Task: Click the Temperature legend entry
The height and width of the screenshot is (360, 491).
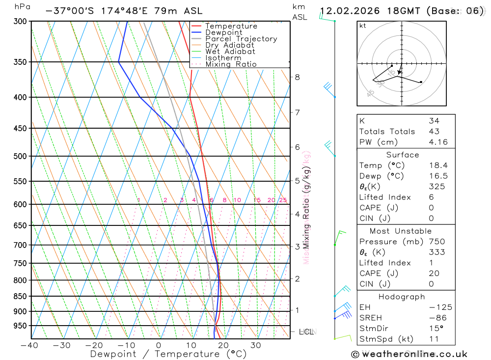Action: click(231, 26)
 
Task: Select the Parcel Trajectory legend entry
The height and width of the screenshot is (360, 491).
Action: click(241, 39)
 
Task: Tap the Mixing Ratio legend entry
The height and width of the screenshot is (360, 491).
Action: click(231, 64)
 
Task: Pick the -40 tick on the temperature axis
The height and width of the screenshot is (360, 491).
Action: click(29, 345)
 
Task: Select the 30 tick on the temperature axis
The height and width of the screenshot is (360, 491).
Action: click(255, 345)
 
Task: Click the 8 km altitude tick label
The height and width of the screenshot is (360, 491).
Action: click(297, 77)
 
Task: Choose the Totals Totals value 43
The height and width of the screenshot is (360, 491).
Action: click(434, 131)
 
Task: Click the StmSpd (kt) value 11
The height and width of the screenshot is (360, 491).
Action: click(434, 339)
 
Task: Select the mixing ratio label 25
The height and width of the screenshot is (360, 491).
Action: click(283, 200)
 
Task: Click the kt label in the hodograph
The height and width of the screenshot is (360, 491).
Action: click(362, 26)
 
